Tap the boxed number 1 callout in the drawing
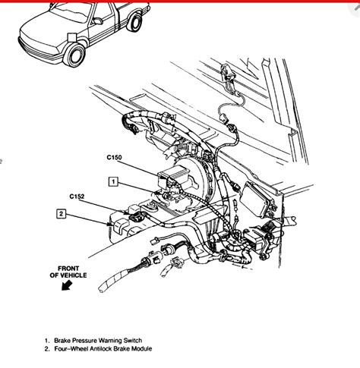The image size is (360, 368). coord(112,181)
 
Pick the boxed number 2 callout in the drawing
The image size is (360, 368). coord(60,213)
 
